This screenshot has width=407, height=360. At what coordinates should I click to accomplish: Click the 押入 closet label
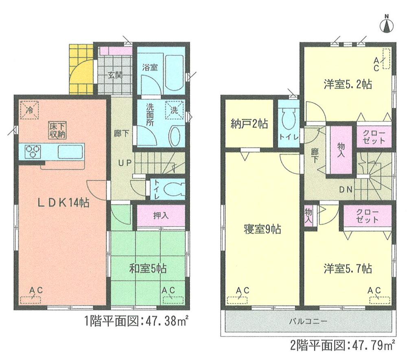tap(161, 216)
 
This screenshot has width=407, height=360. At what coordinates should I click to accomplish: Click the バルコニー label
tap(308, 321)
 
